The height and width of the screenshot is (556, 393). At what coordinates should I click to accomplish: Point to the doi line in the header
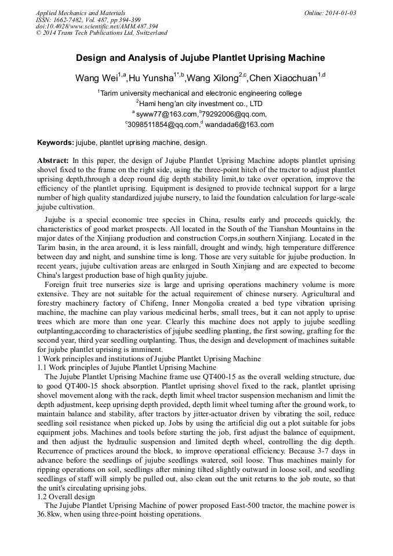tap(97, 27)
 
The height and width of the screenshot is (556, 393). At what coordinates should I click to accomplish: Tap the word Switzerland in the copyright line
tap(151, 33)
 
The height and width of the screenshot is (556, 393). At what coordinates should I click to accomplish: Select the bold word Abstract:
tap(53, 160)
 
